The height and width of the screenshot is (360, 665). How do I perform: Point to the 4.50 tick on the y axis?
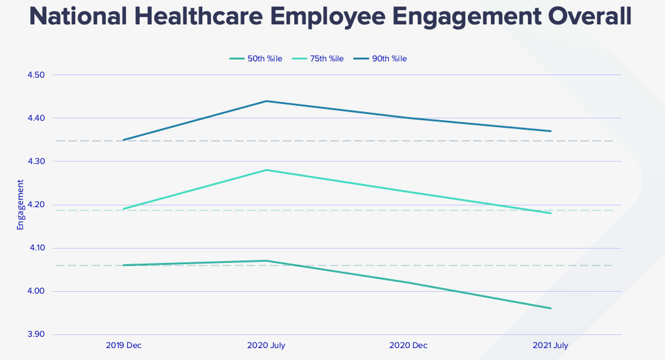(36, 75)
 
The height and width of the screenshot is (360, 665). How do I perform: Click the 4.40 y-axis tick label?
(36, 118)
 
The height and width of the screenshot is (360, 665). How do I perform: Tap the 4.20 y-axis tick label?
(36, 205)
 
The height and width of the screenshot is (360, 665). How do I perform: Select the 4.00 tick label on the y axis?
(36, 291)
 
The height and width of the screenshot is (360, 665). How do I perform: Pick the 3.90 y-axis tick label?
(36, 334)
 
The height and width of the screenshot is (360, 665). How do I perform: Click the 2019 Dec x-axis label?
(124, 346)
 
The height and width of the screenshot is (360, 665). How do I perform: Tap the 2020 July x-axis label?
(266, 346)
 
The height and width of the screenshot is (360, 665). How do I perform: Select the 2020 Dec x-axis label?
(408, 346)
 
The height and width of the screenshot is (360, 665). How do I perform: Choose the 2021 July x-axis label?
(550, 346)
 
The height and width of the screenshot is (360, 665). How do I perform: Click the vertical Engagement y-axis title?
(20, 205)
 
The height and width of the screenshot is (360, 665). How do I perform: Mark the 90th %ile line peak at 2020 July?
(267, 101)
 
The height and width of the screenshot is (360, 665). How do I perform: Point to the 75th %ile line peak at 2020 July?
(267, 170)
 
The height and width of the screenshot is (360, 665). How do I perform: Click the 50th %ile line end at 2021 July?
(550, 308)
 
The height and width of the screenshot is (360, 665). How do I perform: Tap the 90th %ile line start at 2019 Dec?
(124, 140)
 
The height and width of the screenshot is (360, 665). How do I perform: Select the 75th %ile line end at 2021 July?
(550, 213)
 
